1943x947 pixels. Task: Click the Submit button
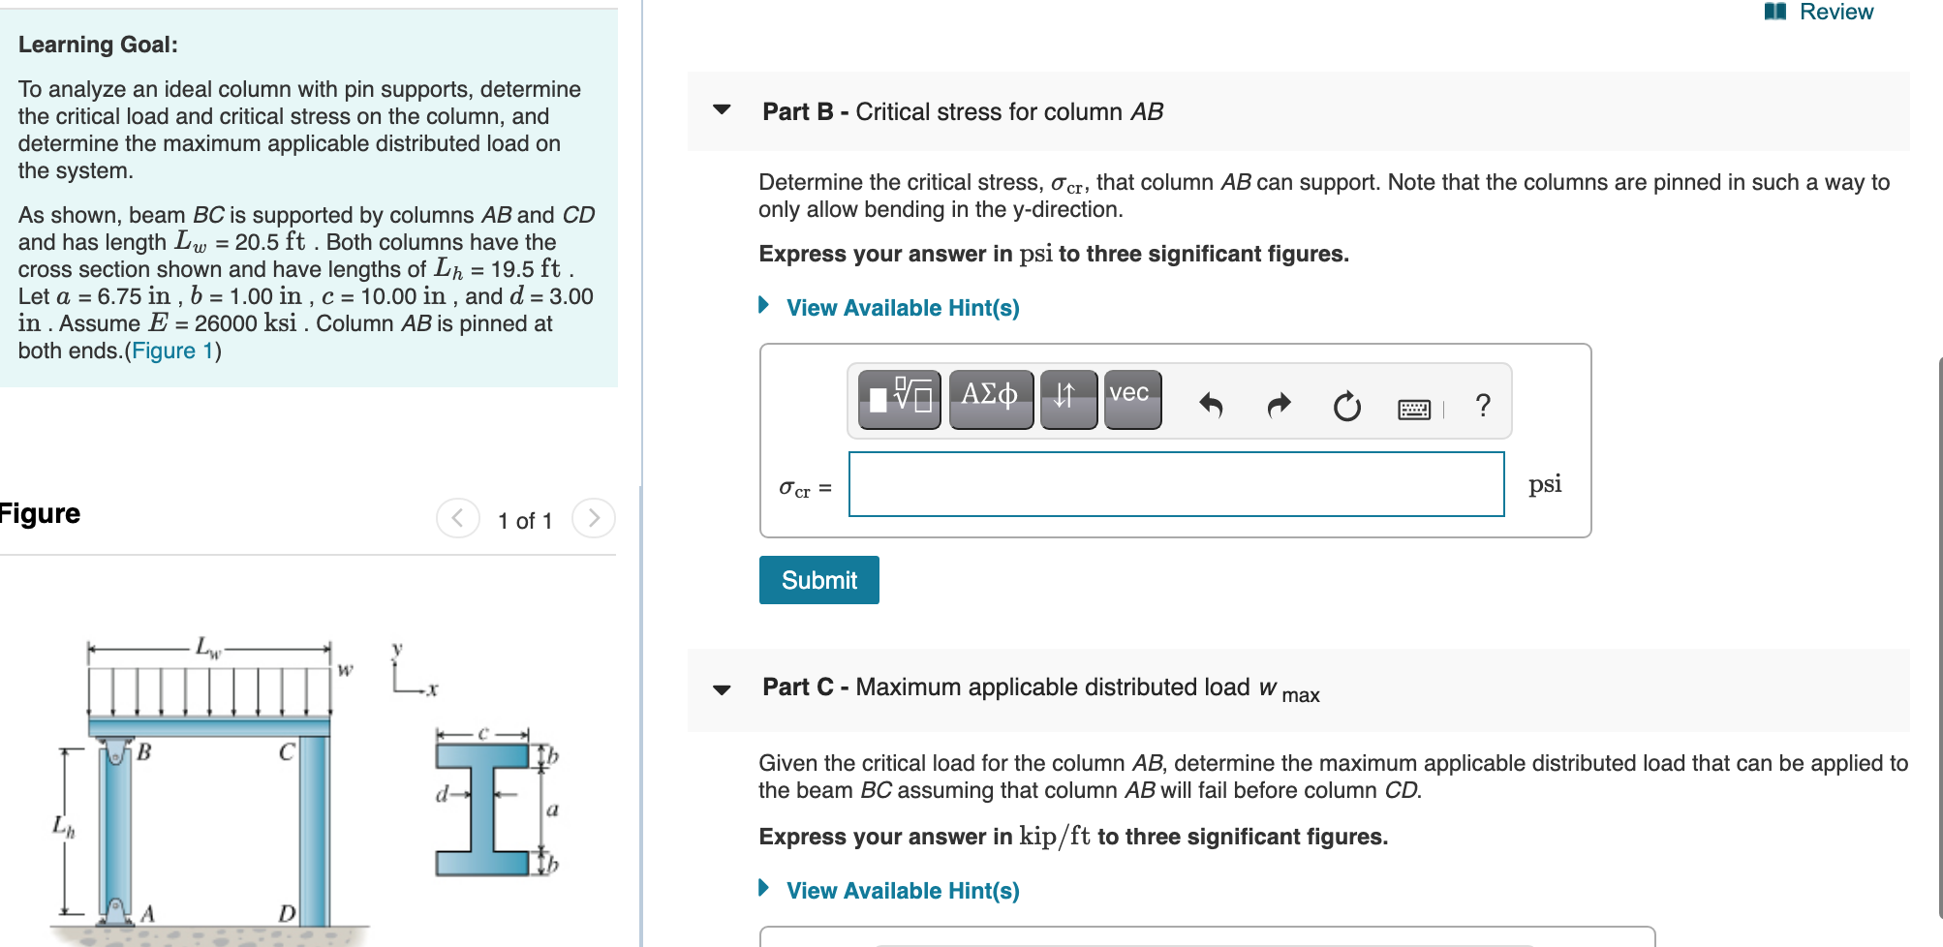pyautogui.click(x=818, y=580)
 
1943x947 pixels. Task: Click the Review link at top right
pyautogui.click(x=1820, y=13)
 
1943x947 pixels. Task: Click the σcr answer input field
pyautogui.click(x=1176, y=484)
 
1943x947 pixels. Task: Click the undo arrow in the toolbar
pyautogui.click(x=1211, y=405)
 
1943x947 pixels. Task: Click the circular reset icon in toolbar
pyautogui.click(x=1346, y=406)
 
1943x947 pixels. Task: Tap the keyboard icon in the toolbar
pyautogui.click(x=1414, y=409)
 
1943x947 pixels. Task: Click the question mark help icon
pyautogui.click(x=1482, y=405)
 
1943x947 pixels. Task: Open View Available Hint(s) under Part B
pyautogui.click(x=902, y=308)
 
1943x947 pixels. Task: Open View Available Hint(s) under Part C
pyautogui.click(x=902, y=891)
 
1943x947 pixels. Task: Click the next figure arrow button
pyautogui.click(x=593, y=518)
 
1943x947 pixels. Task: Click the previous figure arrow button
pyautogui.click(x=457, y=518)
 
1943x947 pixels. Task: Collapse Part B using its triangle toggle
pyautogui.click(x=722, y=109)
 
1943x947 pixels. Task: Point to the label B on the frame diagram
pyautogui.click(x=143, y=751)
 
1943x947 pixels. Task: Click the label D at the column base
pyautogui.click(x=287, y=913)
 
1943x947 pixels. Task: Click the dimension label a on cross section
pyautogui.click(x=552, y=810)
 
